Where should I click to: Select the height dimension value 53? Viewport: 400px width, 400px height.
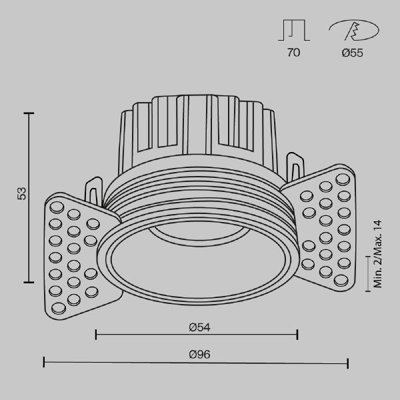[x=22, y=194]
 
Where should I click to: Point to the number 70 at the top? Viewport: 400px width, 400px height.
[x=293, y=53]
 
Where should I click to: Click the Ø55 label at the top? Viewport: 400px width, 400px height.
[x=352, y=53]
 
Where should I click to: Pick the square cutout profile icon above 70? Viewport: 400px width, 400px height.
[x=293, y=31]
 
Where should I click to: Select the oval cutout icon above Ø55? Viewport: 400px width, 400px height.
[x=353, y=31]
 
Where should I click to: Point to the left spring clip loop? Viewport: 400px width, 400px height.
[x=94, y=189]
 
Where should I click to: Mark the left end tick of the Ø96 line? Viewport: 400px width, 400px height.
[x=44, y=363]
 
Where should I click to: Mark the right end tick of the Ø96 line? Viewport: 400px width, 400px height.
[x=347, y=363]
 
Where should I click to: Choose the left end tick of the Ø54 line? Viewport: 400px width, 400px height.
[x=96, y=334]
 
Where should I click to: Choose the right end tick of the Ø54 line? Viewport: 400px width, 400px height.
[x=297, y=334]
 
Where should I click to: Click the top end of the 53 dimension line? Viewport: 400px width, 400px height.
[x=29, y=114]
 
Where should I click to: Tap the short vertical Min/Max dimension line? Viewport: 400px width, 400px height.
[x=369, y=273]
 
